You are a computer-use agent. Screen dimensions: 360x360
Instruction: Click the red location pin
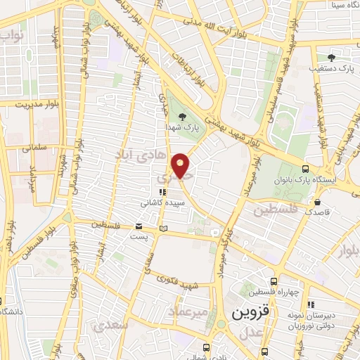point(181,165)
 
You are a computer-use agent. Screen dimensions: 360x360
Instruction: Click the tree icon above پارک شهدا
point(184,117)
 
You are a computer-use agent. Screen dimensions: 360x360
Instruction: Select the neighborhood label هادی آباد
point(139,153)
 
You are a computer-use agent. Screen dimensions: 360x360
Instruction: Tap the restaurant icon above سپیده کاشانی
point(162,191)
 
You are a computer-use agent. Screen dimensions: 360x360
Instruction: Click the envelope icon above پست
point(139,226)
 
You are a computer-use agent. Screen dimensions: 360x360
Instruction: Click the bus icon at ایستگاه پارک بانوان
point(304,169)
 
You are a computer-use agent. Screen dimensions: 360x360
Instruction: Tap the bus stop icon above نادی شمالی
point(205,347)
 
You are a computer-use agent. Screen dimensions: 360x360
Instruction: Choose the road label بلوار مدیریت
point(22,102)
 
